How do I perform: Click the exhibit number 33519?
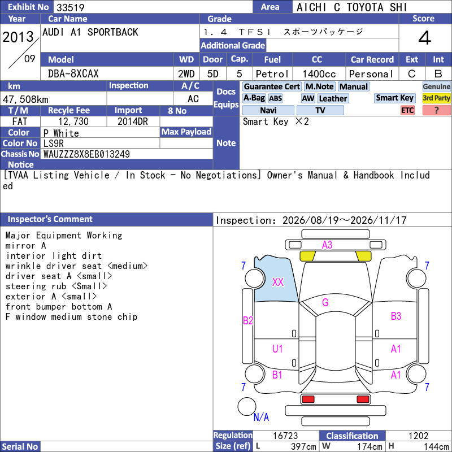pos(70,7)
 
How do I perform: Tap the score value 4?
pos(425,38)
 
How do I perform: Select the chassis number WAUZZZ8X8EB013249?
pos(86,154)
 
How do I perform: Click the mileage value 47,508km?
pos(25,99)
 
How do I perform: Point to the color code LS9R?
pos(53,144)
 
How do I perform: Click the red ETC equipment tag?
pos(407,110)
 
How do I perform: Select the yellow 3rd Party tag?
pos(436,98)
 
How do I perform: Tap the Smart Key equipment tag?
pos(394,98)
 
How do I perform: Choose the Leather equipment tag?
pos(333,98)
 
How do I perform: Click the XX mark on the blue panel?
pos(278,282)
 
